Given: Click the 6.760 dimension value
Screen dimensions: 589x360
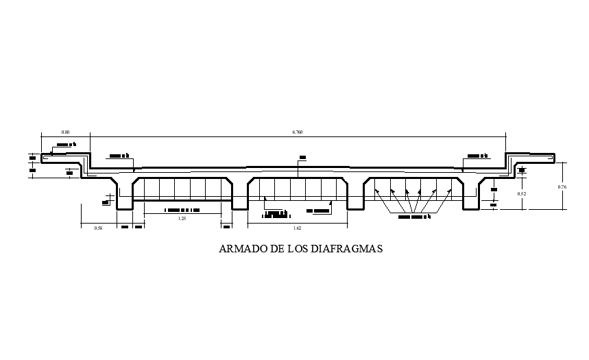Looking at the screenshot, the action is coord(296,130).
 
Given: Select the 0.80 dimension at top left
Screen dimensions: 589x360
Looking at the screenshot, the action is coord(65,130).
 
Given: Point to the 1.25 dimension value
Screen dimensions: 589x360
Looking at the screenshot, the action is coord(182,219).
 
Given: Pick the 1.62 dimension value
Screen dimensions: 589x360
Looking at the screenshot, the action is coord(297,227).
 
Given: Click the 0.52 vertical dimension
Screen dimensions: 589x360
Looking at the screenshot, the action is coord(522,193).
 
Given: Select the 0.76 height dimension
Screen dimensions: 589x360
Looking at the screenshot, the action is coord(562,187).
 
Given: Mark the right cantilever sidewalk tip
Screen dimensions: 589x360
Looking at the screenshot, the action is coord(552,158).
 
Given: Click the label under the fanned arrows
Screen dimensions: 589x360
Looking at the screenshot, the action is coord(414,217).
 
